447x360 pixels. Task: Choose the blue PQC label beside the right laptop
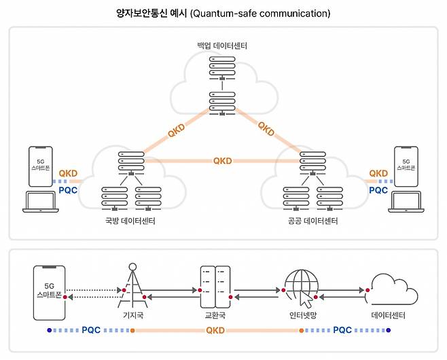tap(378, 191)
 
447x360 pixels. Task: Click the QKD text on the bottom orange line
tap(215, 331)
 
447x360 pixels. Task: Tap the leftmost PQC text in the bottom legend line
tap(92, 331)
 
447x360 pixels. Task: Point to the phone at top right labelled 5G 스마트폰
tap(406, 167)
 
